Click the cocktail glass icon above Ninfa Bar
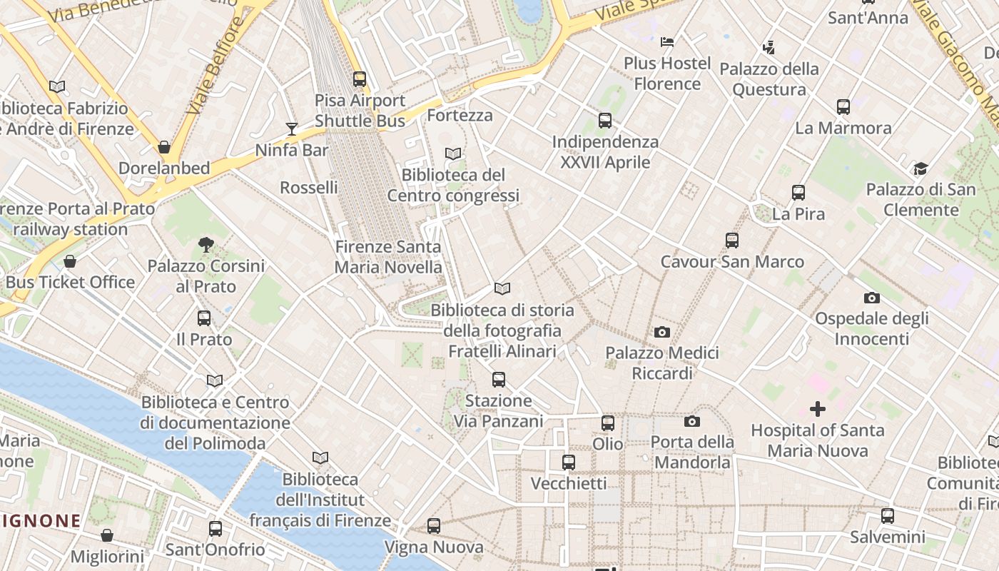tap(291, 128)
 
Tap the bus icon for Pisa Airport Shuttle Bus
tap(360, 79)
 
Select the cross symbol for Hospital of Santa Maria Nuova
tap(818, 409)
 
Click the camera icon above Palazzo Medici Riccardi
tap(662, 332)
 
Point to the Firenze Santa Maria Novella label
tap(389, 257)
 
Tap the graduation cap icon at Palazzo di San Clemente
tap(921, 169)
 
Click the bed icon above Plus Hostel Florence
tap(667, 42)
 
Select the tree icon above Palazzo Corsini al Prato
tap(206, 245)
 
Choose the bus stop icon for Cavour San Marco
tap(732, 241)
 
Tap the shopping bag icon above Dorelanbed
tap(164, 147)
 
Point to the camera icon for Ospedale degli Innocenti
tap(871, 298)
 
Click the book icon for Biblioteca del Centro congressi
tap(453, 153)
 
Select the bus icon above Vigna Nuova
tap(434, 526)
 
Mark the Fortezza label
tap(460, 115)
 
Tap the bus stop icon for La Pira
tap(798, 193)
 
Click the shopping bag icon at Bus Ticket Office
tap(70, 261)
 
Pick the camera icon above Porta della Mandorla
tap(691, 421)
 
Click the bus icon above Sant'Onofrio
tap(215, 529)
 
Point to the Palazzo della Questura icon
tap(769, 48)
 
